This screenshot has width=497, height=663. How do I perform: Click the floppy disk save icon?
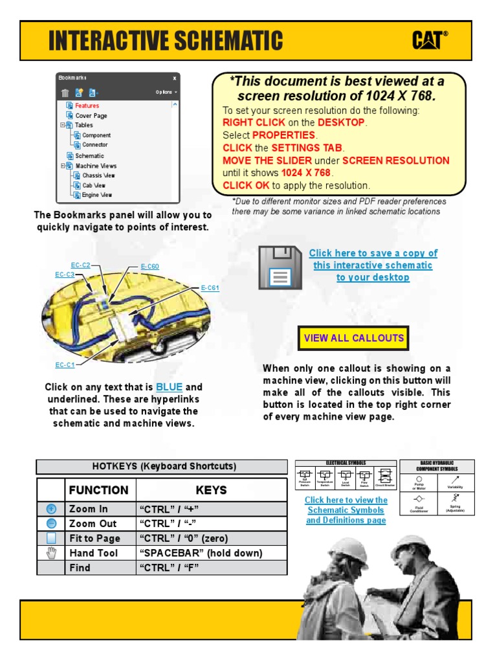[x=278, y=267]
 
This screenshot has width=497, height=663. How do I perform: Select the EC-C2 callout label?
[x=81, y=265]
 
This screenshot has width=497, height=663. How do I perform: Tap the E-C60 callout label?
[x=149, y=266]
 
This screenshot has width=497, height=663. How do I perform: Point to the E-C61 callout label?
[x=210, y=288]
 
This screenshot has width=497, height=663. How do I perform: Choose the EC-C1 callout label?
[x=65, y=365]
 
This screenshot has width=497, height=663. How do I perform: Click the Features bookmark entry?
[x=87, y=106]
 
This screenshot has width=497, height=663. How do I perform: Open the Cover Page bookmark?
[x=91, y=115]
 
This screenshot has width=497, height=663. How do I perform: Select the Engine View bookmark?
[x=97, y=194]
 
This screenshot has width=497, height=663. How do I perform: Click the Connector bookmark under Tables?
[x=95, y=144]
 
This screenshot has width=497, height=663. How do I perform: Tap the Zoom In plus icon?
[x=51, y=509]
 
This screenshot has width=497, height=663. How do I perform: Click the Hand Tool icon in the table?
[x=51, y=553]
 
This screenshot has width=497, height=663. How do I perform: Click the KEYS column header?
[x=211, y=490]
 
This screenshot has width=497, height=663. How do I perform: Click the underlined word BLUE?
[x=170, y=387]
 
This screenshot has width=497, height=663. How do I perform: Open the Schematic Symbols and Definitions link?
[x=346, y=510]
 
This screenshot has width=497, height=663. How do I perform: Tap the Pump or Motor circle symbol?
[x=419, y=480]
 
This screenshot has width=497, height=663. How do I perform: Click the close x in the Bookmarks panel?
[x=174, y=78]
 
